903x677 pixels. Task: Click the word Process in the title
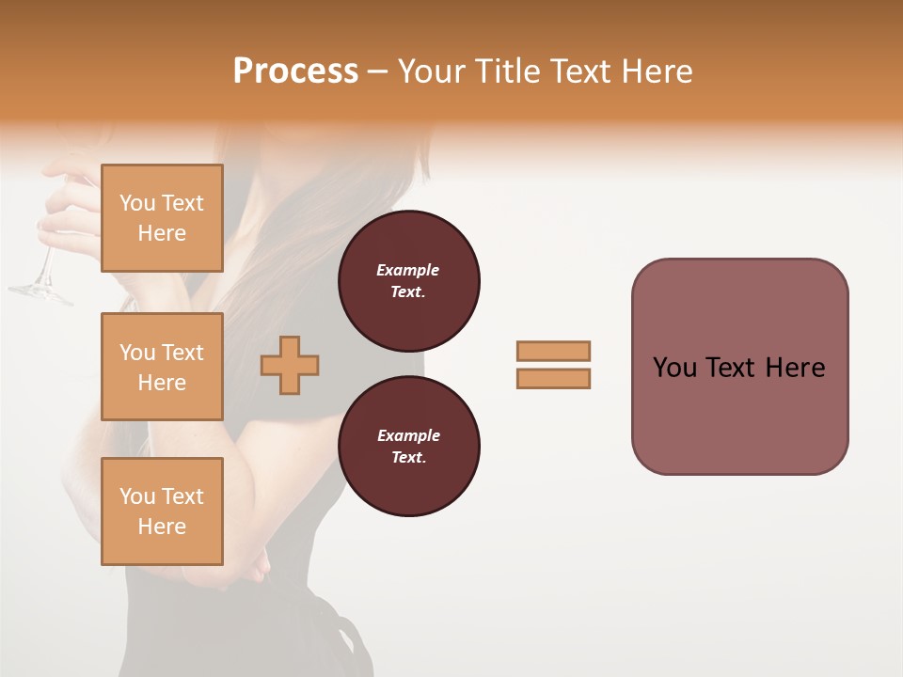point(295,71)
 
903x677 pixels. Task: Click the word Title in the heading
point(509,71)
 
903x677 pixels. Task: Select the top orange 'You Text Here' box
point(162,218)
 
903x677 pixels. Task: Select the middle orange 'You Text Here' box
point(162,367)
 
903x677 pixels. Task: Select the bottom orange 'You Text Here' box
point(162,511)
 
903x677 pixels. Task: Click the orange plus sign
point(290,365)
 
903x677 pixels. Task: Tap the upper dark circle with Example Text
point(408,281)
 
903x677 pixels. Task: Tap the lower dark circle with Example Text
point(408,446)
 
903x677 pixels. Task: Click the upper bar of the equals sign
point(553,351)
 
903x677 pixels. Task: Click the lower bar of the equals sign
point(553,378)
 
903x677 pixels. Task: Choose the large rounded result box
point(739,367)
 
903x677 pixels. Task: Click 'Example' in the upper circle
point(408,270)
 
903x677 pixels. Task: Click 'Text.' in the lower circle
point(408,458)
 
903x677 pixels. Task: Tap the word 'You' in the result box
point(675,368)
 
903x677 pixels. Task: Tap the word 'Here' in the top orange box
point(162,233)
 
